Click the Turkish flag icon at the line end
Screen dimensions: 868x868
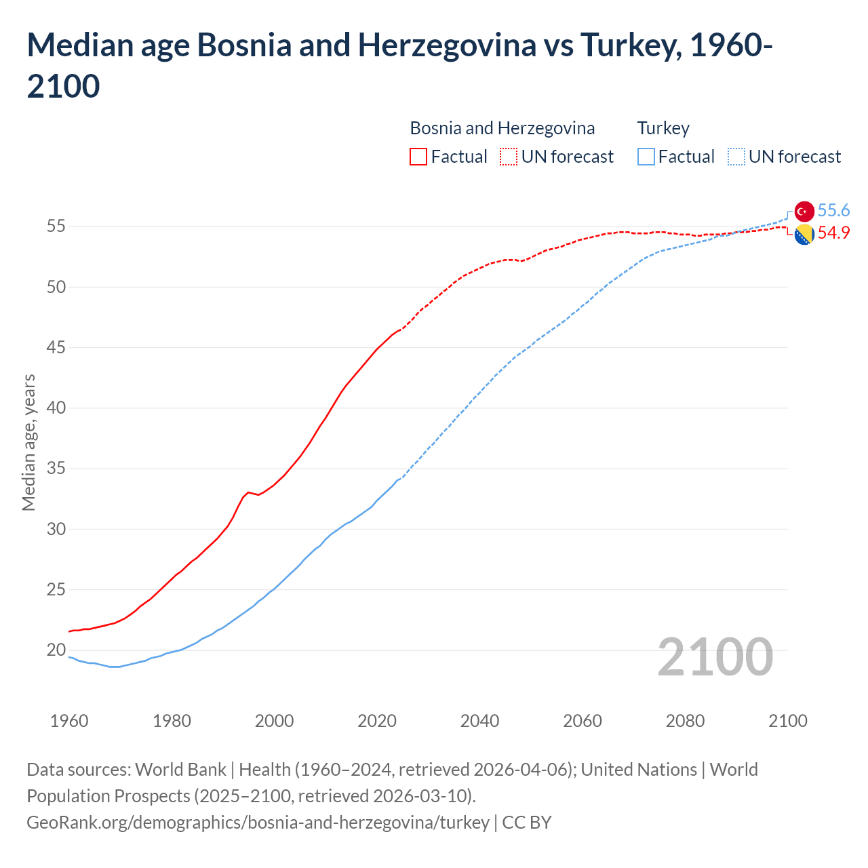pyautogui.click(x=804, y=211)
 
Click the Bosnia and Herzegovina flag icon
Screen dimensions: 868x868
pyautogui.click(x=804, y=235)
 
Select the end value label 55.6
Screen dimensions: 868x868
pyautogui.click(x=833, y=211)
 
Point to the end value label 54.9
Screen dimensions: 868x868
pyautogui.click(x=833, y=233)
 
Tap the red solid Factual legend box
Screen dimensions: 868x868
pyautogui.click(x=418, y=157)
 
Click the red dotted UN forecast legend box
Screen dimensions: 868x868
pyautogui.click(x=509, y=157)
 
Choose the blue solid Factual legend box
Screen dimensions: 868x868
pyautogui.click(x=646, y=157)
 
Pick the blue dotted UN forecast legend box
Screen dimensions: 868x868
pyautogui.click(x=736, y=157)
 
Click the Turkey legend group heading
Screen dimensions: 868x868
pyautogui.click(x=663, y=128)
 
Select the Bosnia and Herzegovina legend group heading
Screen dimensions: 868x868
pyautogui.click(x=502, y=128)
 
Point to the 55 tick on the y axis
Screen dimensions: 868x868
pyautogui.click(x=56, y=226)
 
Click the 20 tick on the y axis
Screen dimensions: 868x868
pyautogui.click(x=56, y=650)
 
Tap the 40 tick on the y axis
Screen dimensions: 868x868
pyautogui.click(x=56, y=408)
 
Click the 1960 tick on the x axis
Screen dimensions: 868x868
pyautogui.click(x=69, y=721)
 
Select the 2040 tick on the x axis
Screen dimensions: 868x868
pyautogui.click(x=479, y=721)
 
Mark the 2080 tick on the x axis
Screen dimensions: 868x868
pyautogui.click(x=685, y=721)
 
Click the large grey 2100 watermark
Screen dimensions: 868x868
pyautogui.click(x=715, y=657)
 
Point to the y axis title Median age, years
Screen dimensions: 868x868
pyautogui.click(x=28, y=442)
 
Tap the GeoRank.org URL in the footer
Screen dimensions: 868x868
pyautogui.click(x=258, y=823)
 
